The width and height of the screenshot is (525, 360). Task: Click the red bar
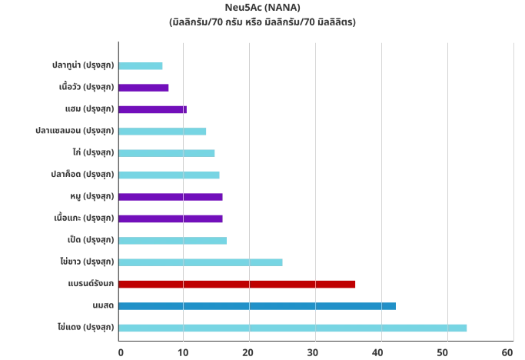tap(238, 284)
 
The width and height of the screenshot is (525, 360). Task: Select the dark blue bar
tap(258, 307)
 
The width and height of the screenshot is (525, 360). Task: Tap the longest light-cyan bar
tap(293, 327)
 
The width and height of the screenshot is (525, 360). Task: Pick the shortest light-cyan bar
tap(142, 67)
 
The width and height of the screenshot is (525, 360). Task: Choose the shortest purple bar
tap(145, 87)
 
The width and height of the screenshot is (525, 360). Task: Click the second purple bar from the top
tap(155, 110)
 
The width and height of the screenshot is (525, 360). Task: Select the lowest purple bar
tap(172, 219)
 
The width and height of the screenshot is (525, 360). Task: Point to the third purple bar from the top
tap(172, 197)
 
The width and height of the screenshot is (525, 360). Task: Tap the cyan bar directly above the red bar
tap(201, 264)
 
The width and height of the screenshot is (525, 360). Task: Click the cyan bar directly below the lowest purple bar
tap(173, 241)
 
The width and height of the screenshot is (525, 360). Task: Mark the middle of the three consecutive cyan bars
tap(168, 153)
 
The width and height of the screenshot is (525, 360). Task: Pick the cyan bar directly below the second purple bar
tap(164, 130)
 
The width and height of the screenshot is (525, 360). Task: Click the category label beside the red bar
tap(91, 284)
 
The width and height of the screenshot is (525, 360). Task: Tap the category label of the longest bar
tap(86, 327)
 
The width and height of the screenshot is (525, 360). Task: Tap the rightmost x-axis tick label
tap(511, 351)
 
